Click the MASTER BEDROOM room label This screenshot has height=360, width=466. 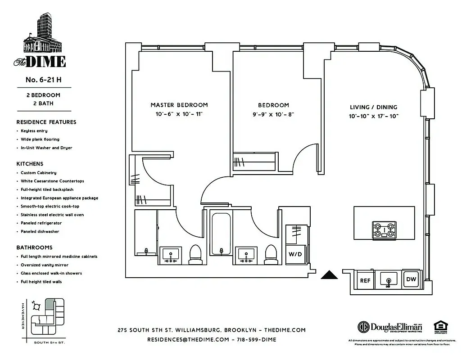tap(179, 105)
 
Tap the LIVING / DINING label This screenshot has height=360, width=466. tap(374, 107)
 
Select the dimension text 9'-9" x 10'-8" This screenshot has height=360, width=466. tap(273, 114)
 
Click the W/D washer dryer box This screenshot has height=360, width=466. tap(295, 254)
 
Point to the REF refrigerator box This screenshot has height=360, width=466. tap(365, 280)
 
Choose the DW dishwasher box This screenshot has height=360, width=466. tap(411, 279)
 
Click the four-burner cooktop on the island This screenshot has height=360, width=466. tap(384, 230)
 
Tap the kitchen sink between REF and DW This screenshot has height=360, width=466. tap(388, 280)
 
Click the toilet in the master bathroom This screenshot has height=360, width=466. tap(195, 254)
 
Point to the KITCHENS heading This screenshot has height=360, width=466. tap(30, 164)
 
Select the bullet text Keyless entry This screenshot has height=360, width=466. tap(34, 131)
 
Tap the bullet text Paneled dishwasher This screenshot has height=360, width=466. tap(40, 232)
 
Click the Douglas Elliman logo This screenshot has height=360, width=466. tap(389, 327)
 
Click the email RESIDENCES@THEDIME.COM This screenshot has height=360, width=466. tap(188, 340)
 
